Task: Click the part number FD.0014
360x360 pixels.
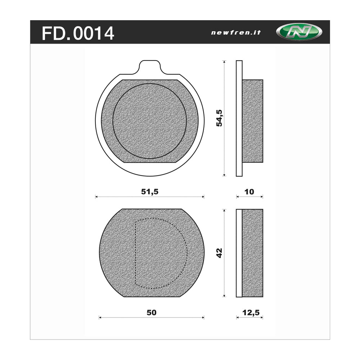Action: (x=78, y=33)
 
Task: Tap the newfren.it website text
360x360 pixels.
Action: (x=236, y=32)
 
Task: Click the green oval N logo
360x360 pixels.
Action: (x=299, y=32)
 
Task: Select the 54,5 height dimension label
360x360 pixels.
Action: (x=219, y=118)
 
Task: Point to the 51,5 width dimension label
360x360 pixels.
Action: (x=149, y=192)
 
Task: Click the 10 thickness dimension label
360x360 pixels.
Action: (x=249, y=192)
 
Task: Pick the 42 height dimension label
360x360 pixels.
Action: (x=219, y=253)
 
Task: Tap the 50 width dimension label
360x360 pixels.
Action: (x=152, y=312)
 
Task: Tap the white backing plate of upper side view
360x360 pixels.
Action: (x=239, y=118)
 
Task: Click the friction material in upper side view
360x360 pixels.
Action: (x=252, y=120)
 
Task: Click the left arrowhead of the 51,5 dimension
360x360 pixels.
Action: (x=96, y=197)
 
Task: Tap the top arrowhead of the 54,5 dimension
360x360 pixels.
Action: (x=224, y=62)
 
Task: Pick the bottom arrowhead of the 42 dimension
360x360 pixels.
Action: (x=224, y=296)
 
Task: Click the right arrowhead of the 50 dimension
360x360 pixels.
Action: (x=203, y=318)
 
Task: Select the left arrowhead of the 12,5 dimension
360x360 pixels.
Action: (x=237, y=318)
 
